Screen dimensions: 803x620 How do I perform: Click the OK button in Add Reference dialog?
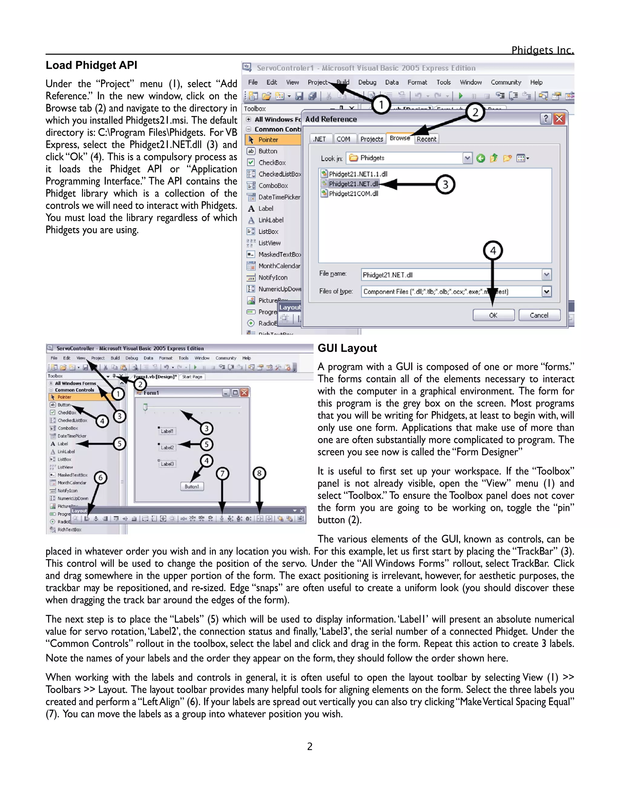493,315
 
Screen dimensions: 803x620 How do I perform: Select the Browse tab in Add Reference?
400,138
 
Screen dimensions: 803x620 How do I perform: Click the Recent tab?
427,139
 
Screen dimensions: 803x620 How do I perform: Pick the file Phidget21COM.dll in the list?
353,194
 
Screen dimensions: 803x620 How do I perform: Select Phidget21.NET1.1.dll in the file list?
358,174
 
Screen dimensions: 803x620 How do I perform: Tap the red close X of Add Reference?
559,119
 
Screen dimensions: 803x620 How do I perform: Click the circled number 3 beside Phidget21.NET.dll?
445,184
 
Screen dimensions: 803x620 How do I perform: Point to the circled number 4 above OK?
493,251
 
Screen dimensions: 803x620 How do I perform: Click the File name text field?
451,275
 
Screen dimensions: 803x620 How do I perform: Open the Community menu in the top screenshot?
506,82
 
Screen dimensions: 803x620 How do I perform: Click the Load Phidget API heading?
91,65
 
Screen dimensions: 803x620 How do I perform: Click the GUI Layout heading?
347,348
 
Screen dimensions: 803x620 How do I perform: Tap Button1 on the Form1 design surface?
192,486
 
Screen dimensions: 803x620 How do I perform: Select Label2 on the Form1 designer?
167,448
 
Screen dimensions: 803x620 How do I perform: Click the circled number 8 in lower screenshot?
259,473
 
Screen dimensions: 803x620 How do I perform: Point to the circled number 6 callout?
100,478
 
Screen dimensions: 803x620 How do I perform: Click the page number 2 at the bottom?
310,746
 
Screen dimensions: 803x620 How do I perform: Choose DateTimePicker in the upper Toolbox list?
279,197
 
